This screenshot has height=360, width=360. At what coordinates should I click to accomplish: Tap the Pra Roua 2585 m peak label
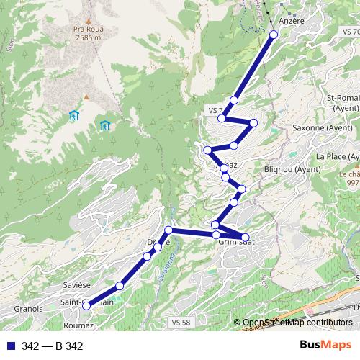87,35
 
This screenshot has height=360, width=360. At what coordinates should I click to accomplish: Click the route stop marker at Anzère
274,34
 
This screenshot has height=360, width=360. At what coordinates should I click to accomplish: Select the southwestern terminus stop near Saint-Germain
86,305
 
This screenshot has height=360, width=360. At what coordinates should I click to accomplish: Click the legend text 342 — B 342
53,346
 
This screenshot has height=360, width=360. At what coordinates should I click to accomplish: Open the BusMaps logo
326,346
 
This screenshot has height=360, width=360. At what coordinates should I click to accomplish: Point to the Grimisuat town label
238,243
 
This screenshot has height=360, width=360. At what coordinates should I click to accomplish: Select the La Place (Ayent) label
337,156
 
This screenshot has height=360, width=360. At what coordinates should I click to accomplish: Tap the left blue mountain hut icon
73,115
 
